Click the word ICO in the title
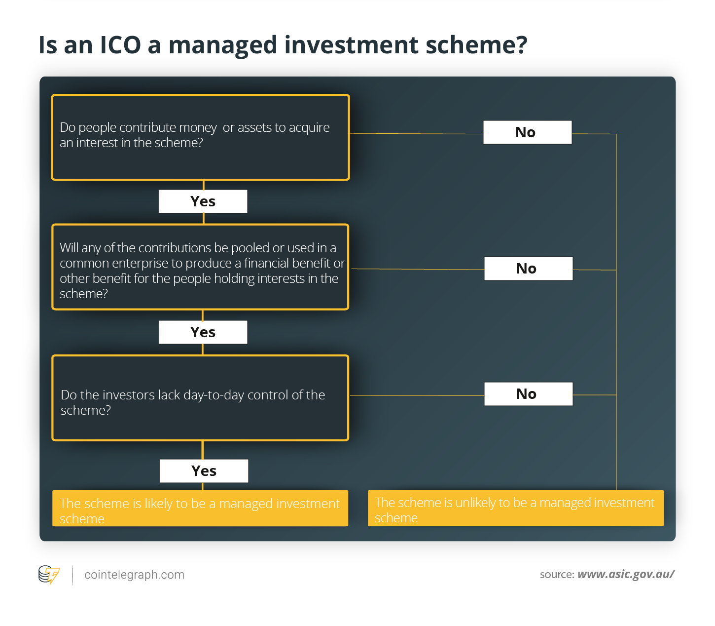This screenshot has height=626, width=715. (x=120, y=45)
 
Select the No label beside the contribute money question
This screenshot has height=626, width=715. (x=527, y=132)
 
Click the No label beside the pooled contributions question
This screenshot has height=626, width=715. (x=529, y=269)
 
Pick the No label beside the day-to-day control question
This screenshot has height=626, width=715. (x=529, y=393)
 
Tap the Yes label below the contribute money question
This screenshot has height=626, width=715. (x=203, y=201)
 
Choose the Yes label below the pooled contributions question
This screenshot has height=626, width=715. (x=203, y=332)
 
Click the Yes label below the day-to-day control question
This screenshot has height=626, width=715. (x=204, y=470)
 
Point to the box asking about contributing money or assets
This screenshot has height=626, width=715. (x=201, y=137)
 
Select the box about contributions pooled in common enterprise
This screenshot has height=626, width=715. (x=201, y=267)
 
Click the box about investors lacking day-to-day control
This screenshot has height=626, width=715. (x=201, y=398)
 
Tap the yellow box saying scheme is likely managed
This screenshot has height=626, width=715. (x=200, y=508)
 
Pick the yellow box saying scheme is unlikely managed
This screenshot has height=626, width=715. (x=516, y=508)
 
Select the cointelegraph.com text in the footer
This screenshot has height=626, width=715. (x=135, y=575)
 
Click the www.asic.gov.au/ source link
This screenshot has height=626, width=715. (x=626, y=574)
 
